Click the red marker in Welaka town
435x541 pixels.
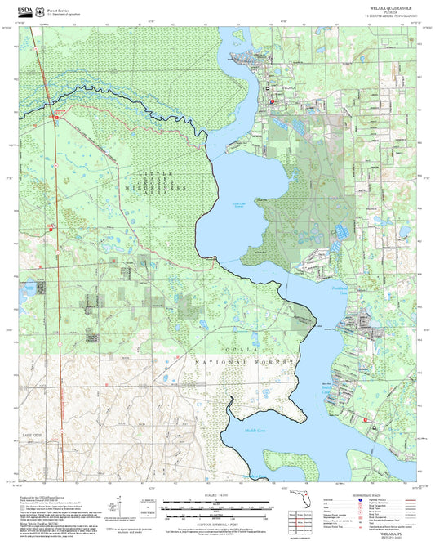click(272, 101)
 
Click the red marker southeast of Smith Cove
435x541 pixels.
click(365, 421)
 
